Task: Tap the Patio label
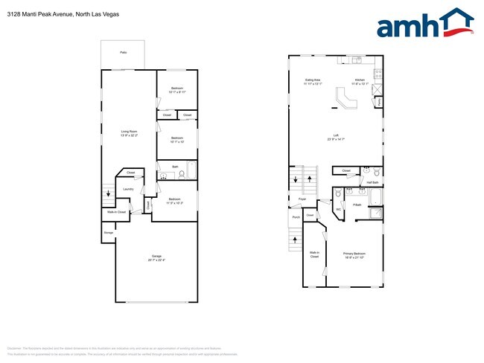point(123,52)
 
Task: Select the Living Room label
point(130,134)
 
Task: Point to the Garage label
point(156,258)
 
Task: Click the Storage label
point(109,233)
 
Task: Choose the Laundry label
point(127,189)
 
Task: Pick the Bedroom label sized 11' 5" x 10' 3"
point(174,199)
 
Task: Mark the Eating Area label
point(313,80)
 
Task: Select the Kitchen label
point(360,80)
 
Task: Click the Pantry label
point(379,100)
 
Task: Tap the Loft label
point(336,135)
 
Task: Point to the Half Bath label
point(372,181)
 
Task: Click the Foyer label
point(302,199)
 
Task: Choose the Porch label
point(296,218)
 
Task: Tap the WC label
point(337,209)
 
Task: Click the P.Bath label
point(357,204)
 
